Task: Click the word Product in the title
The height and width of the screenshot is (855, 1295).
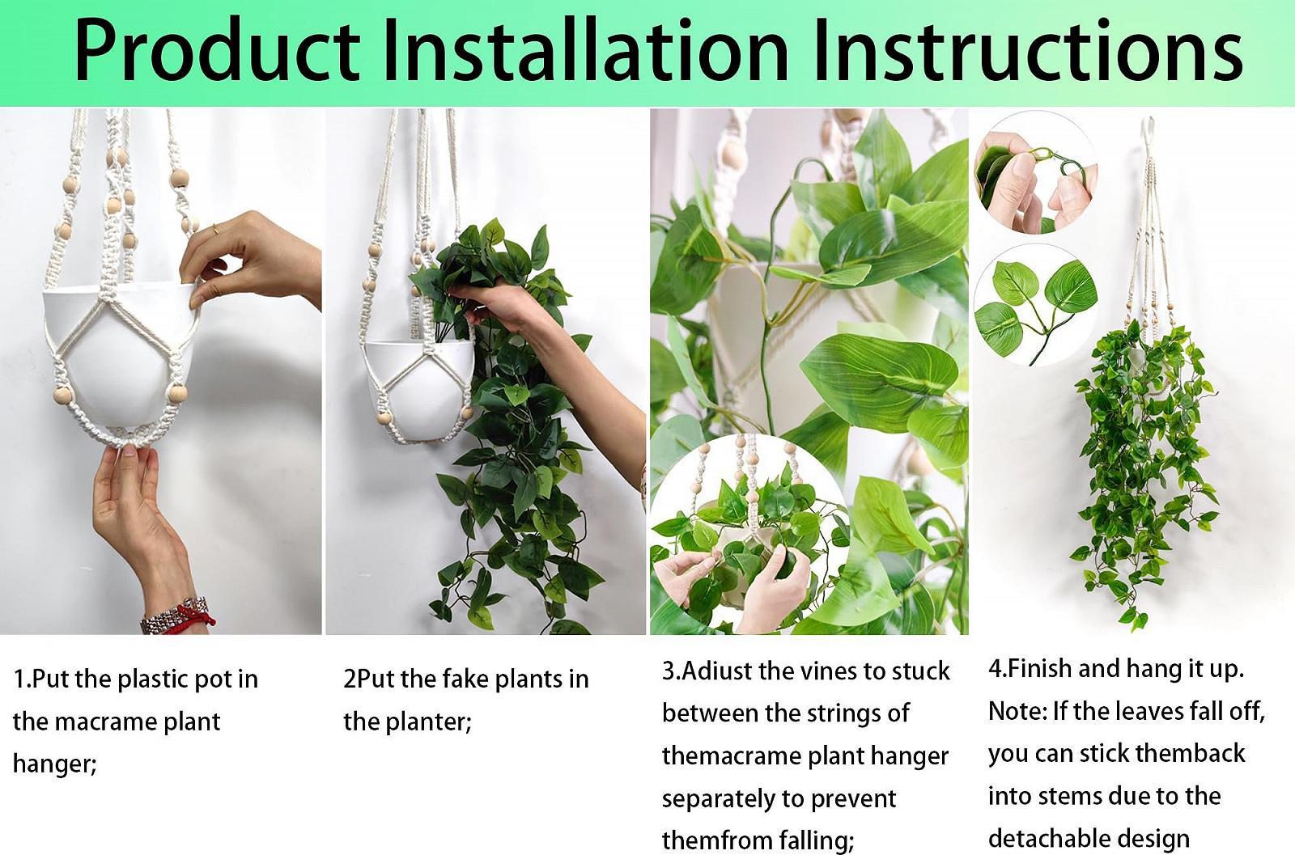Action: (217, 51)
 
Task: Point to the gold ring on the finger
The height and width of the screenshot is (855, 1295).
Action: (214, 229)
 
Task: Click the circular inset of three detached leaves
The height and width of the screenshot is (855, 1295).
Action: (1035, 304)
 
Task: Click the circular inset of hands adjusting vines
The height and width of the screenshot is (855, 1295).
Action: (749, 535)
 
